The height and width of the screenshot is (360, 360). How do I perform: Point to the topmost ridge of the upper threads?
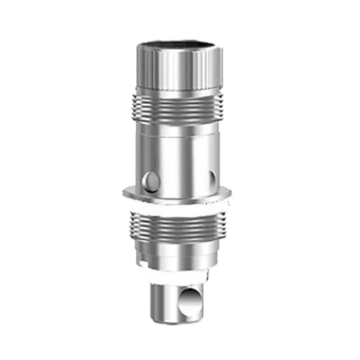pos(180,92)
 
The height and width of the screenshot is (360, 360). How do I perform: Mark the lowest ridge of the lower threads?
pos(180,248)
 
